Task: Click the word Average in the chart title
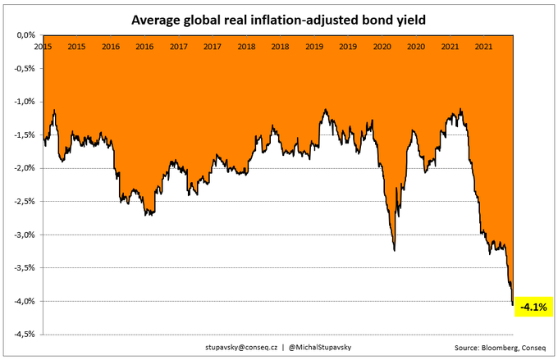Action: pos(153,18)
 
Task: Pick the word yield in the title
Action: pos(416,18)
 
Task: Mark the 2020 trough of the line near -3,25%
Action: pos(395,250)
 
